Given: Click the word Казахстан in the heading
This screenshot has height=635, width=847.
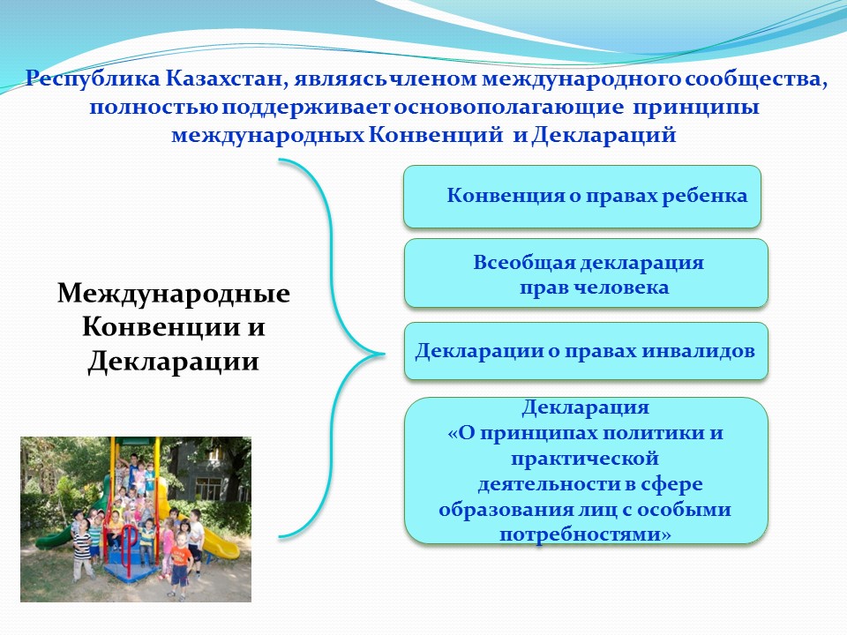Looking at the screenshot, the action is coord(222,78).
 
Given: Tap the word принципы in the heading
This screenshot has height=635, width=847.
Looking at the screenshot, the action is coord(696,108).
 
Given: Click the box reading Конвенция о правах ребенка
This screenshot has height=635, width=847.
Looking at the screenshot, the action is coord(582,197).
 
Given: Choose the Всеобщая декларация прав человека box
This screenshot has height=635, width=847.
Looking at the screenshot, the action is coord(586,273).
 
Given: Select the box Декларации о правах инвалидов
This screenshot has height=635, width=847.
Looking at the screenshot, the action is coord(586,351).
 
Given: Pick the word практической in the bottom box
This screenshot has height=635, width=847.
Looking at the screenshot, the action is coord(585,459).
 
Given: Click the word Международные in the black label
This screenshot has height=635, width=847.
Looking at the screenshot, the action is coord(174,295).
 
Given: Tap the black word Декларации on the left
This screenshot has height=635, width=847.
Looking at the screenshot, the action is coord(173,362).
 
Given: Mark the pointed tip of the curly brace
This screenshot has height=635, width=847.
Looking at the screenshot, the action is coord(384,355).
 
